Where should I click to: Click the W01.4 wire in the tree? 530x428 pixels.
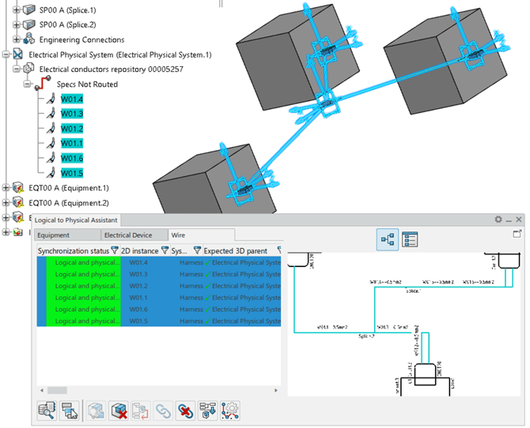(x=72, y=99)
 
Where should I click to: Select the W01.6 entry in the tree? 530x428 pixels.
(x=72, y=158)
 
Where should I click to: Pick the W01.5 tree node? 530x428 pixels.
(x=72, y=173)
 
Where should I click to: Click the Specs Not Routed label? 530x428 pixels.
(x=87, y=84)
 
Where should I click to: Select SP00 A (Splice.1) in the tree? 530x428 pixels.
(x=68, y=10)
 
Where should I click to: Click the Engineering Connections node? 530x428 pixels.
(x=81, y=39)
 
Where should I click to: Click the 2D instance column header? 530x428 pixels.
(x=140, y=250)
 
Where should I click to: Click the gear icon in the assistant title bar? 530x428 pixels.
(x=499, y=219)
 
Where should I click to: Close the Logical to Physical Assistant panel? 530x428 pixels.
(x=519, y=219)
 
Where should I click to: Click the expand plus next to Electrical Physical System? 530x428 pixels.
(x=6, y=55)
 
